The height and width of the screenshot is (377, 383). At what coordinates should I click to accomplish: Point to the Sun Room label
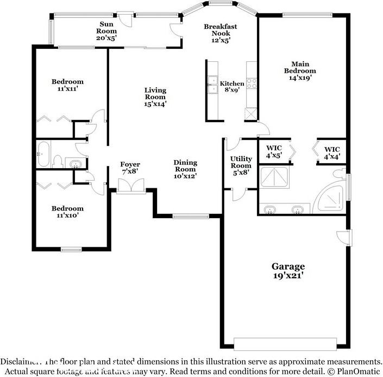pyautogui.click(x=107, y=31)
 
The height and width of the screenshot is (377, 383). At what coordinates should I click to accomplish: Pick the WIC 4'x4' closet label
pyautogui.click(x=332, y=153)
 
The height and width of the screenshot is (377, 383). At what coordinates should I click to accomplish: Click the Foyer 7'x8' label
pyautogui.click(x=130, y=168)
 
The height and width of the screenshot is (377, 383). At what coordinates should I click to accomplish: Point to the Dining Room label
pyautogui.click(x=185, y=169)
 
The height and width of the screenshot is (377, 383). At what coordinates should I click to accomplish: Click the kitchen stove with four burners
pyautogui.click(x=252, y=84)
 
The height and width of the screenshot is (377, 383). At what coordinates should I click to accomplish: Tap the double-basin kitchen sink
pyautogui.click(x=211, y=85)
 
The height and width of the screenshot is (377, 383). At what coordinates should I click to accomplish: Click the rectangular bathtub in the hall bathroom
pyautogui.click(x=44, y=154)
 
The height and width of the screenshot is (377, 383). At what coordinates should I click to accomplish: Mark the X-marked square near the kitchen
pyautogui.click(x=251, y=114)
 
